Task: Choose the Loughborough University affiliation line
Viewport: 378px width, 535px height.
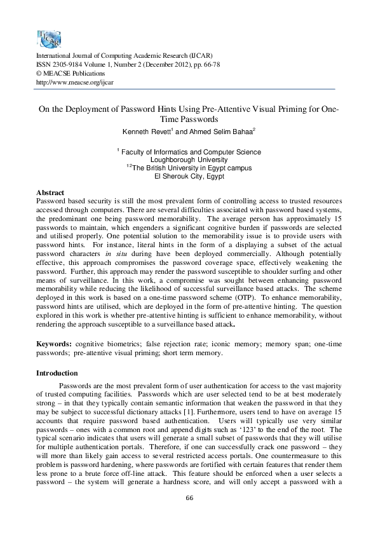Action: point(189,160)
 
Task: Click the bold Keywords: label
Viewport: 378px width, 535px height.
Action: point(53,344)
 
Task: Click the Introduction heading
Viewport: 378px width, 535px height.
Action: point(57,372)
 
